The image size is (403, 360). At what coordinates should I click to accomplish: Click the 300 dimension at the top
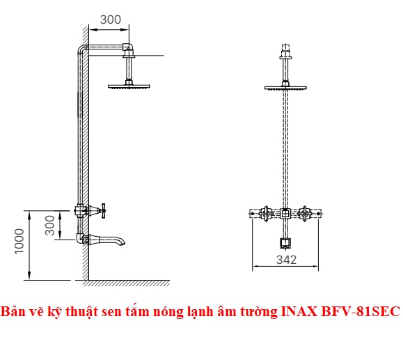111,19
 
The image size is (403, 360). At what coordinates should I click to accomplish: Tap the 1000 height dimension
19,241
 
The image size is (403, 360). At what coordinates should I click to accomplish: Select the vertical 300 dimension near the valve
50,225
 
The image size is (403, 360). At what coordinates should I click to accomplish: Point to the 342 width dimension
286,260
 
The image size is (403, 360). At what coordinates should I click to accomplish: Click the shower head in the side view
129,86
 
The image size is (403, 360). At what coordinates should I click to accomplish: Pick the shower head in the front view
285,88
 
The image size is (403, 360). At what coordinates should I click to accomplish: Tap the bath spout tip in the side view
124,242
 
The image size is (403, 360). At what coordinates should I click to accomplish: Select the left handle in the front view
265,214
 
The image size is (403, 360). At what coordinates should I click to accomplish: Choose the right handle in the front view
305,214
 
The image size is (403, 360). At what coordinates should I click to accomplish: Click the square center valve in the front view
285,214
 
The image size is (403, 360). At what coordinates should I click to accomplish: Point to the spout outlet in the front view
285,243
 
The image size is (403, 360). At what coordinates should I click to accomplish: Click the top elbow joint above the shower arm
128,47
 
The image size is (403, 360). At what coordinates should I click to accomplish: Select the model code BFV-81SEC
361,311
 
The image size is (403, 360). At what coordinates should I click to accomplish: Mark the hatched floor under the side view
126,283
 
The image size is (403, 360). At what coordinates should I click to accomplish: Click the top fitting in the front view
285,52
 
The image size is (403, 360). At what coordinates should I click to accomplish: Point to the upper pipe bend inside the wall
81,49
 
